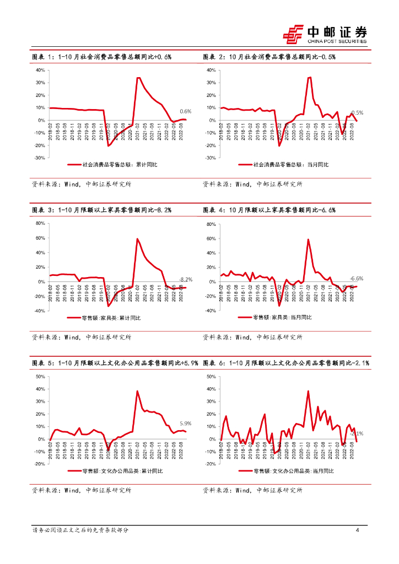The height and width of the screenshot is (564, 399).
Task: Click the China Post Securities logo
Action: coord(325,34)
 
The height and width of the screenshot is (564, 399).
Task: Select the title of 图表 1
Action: coord(102,57)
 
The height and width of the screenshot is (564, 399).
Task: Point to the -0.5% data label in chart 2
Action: coord(357,112)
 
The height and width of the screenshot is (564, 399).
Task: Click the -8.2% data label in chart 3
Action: coord(185,279)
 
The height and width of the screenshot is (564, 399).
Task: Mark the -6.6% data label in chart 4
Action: coord(357,279)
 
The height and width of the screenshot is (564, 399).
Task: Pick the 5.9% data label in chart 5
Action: coord(185,423)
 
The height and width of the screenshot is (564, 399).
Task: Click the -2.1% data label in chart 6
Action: coord(357,434)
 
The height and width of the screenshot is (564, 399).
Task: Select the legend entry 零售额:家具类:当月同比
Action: coord(282,317)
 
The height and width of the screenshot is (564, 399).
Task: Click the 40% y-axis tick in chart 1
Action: coord(40,70)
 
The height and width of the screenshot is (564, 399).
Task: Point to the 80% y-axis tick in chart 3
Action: coord(40,224)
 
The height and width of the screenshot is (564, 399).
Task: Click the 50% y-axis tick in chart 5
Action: coord(40,377)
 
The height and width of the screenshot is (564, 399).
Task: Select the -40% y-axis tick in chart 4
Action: coord(210,311)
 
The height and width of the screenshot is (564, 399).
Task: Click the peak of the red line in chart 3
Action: coord(137,238)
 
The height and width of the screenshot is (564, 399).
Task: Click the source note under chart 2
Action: coord(252,185)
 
